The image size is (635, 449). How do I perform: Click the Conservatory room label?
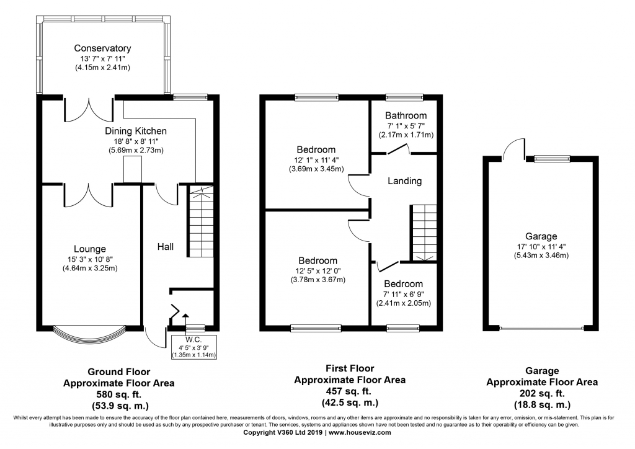point(102,48)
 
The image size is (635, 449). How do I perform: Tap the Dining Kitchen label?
point(136,131)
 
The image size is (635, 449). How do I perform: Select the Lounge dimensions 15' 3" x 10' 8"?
point(90,259)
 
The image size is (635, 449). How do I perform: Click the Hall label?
point(165,247)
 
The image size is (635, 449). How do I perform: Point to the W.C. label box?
point(194,347)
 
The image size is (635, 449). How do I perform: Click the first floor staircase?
point(424,233)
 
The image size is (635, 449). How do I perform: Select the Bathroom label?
point(406,115)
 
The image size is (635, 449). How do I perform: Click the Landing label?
point(404,181)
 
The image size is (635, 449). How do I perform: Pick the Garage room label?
point(541,236)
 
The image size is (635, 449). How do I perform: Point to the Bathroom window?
point(404,97)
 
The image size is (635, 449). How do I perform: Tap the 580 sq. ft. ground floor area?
point(118,394)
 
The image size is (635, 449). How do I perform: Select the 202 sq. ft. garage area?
point(542,393)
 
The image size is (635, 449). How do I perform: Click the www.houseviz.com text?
point(360,432)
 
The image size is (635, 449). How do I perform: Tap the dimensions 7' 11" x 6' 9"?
point(403,295)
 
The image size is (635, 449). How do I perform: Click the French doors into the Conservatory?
point(88,109)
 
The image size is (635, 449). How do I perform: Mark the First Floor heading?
point(350,368)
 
